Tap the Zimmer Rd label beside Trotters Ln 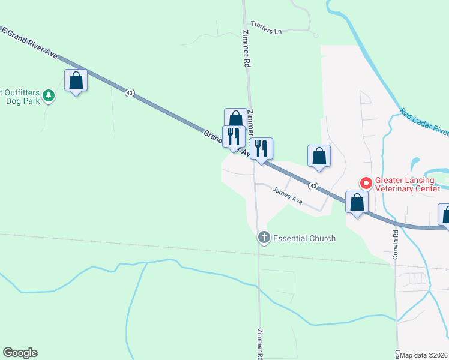(x=246, y=48)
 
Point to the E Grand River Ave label (x=30, y=43)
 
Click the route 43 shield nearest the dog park (x=130, y=93)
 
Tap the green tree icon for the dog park (x=49, y=95)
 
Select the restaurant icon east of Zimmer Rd (x=261, y=149)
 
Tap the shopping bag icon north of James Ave (x=319, y=156)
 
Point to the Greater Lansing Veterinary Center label (x=407, y=184)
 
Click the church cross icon (x=264, y=238)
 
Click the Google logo (x=20, y=353)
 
